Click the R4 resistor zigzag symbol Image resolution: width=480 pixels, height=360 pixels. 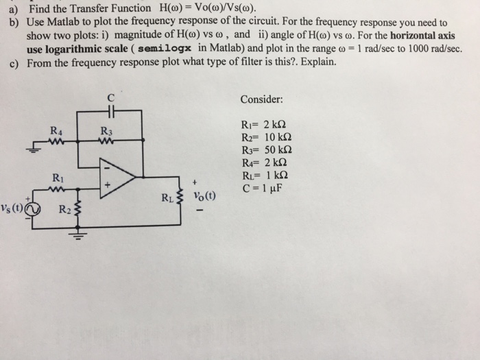56,142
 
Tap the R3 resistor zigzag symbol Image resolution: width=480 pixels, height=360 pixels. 106,142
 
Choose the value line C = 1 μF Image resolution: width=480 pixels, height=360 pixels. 263,187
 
